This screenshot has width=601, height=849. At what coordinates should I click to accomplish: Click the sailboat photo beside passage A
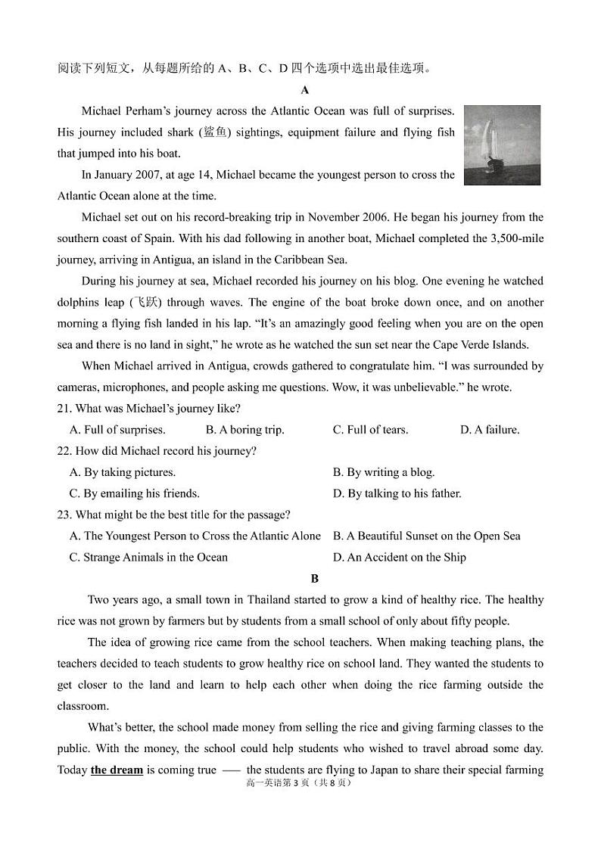point(502,145)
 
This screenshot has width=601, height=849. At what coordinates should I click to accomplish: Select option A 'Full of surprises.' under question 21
point(117,430)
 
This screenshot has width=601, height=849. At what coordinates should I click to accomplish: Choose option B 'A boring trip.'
point(245,430)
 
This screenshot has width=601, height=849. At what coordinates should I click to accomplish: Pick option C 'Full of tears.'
point(370,430)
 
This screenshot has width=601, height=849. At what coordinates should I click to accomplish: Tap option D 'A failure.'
point(490,430)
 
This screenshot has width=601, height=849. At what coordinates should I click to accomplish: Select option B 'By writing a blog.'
point(384,472)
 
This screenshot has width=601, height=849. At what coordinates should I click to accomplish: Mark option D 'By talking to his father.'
point(397,493)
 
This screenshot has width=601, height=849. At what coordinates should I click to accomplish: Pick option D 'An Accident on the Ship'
point(400,558)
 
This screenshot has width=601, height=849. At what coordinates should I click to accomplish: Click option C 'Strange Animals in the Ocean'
point(148,558)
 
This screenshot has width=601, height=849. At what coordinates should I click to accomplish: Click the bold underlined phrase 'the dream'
point(117,770)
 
